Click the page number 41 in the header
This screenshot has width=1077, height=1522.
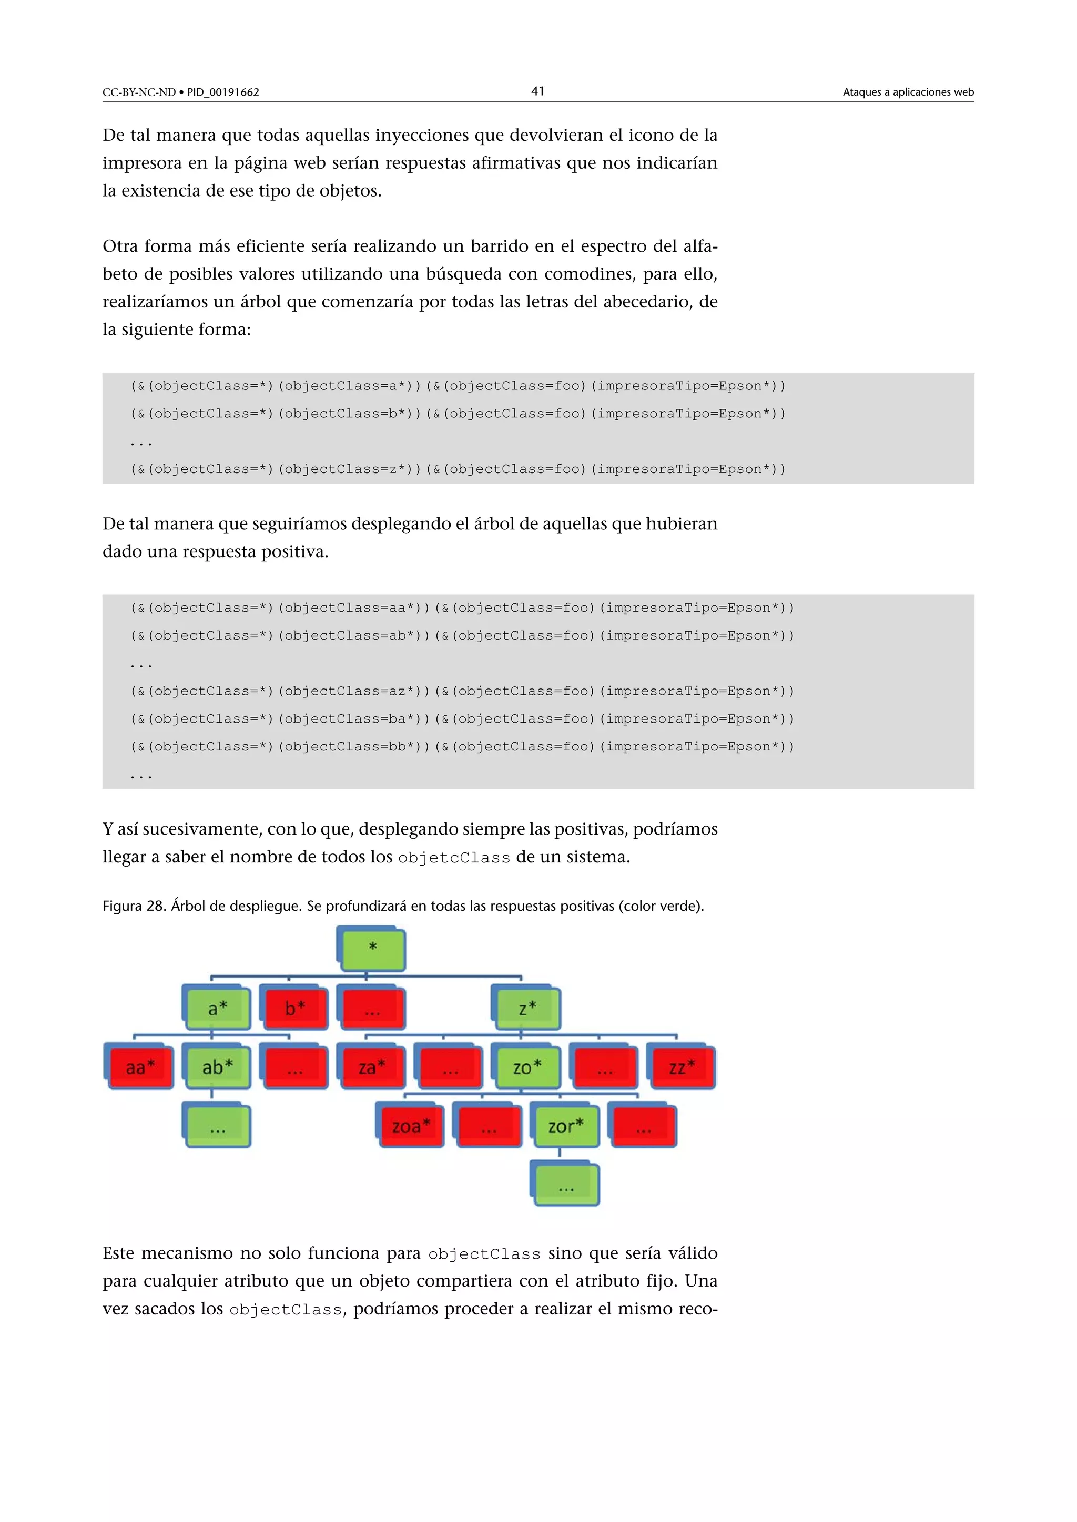(x=538, y=91)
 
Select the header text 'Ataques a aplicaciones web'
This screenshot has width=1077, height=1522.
(x=908, y=92)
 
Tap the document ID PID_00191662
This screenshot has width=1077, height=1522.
(x=223, y=92)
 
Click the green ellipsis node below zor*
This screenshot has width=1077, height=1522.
(x=566, y=1185)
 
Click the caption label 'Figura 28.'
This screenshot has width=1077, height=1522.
(x=134, y=906)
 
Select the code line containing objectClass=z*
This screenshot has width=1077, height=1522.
(x=458, y=469)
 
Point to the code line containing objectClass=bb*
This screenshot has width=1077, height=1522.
(x=462, y=746)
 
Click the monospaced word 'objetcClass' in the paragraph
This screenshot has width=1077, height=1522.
(x=454, y=858)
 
